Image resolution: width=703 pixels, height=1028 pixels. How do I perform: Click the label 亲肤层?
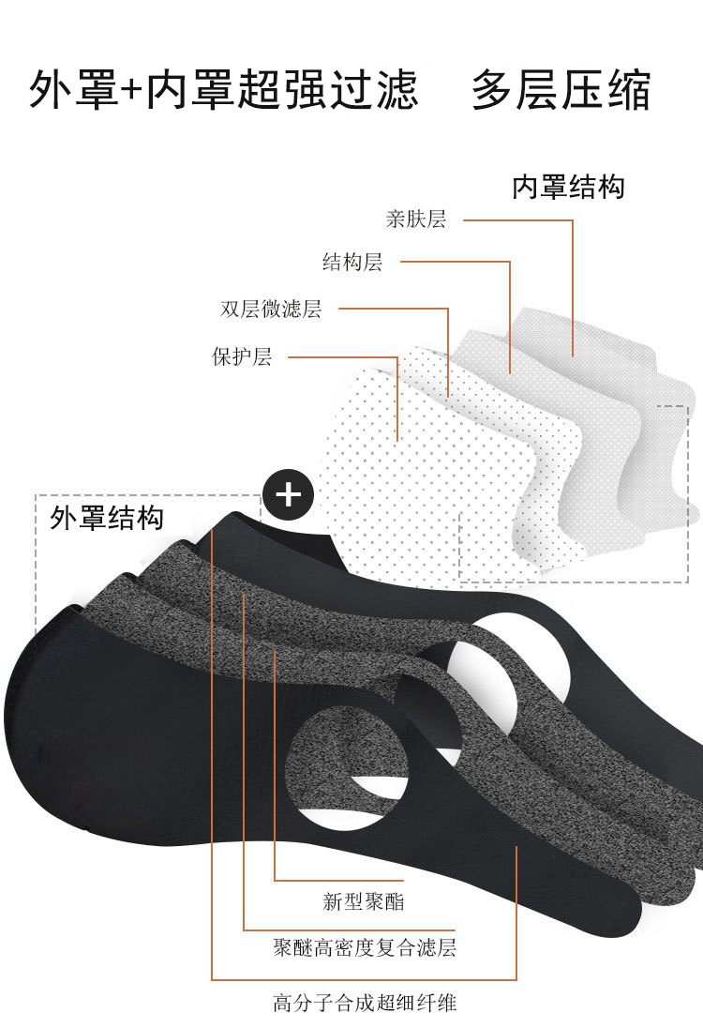[416, 219]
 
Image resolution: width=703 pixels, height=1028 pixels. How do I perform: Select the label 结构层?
[352, 262]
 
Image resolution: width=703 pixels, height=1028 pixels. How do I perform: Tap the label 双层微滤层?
[271, 309]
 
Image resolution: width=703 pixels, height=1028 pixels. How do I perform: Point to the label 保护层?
[242, 357]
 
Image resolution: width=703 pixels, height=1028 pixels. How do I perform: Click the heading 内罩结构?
[568, 187]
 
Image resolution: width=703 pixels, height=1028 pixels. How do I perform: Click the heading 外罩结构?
[107, 518]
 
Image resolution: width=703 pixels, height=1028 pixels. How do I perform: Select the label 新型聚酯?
[364, 902]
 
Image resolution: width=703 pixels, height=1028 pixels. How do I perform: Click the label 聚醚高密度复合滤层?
[365, 947]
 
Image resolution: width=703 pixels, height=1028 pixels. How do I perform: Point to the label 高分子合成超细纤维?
[365, 1003]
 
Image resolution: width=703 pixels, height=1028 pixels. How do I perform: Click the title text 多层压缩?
[561, 91]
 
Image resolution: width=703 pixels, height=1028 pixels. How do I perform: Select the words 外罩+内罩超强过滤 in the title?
[223, 91]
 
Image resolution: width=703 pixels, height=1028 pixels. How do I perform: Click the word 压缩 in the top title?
[606, 91]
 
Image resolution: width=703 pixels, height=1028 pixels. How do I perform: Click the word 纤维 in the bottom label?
[442, 1003]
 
